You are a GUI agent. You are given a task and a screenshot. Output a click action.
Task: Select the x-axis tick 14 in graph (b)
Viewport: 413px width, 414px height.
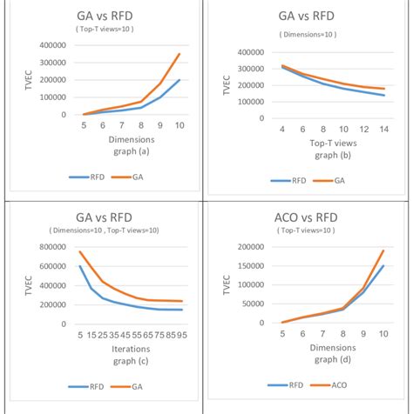[383, 129]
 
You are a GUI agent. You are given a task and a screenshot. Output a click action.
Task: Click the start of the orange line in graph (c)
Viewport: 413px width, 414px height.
[80, 252]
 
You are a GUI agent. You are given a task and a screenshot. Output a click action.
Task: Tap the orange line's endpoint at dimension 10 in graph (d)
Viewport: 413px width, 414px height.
[383, 250]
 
